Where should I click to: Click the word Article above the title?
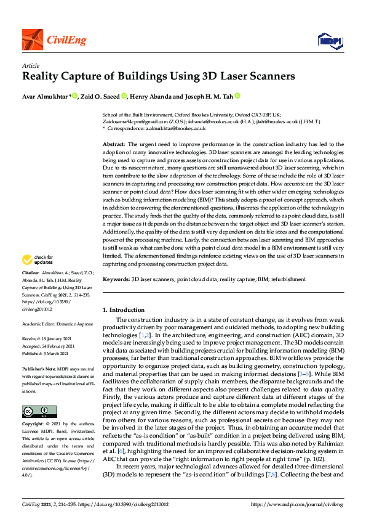pyautogui.click(x=31, y=65)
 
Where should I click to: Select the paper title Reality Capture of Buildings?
pyautogui.click(x=159, y=77)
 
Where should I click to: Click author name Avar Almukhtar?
pyautogui.click(x=46, y=96)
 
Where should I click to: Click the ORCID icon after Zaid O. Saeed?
pyautogui.click(x=124, y=96)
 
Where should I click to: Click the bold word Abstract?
pyautogui.click(x=114, y=143)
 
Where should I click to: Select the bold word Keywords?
pyautogui.click(x=116, y=279)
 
